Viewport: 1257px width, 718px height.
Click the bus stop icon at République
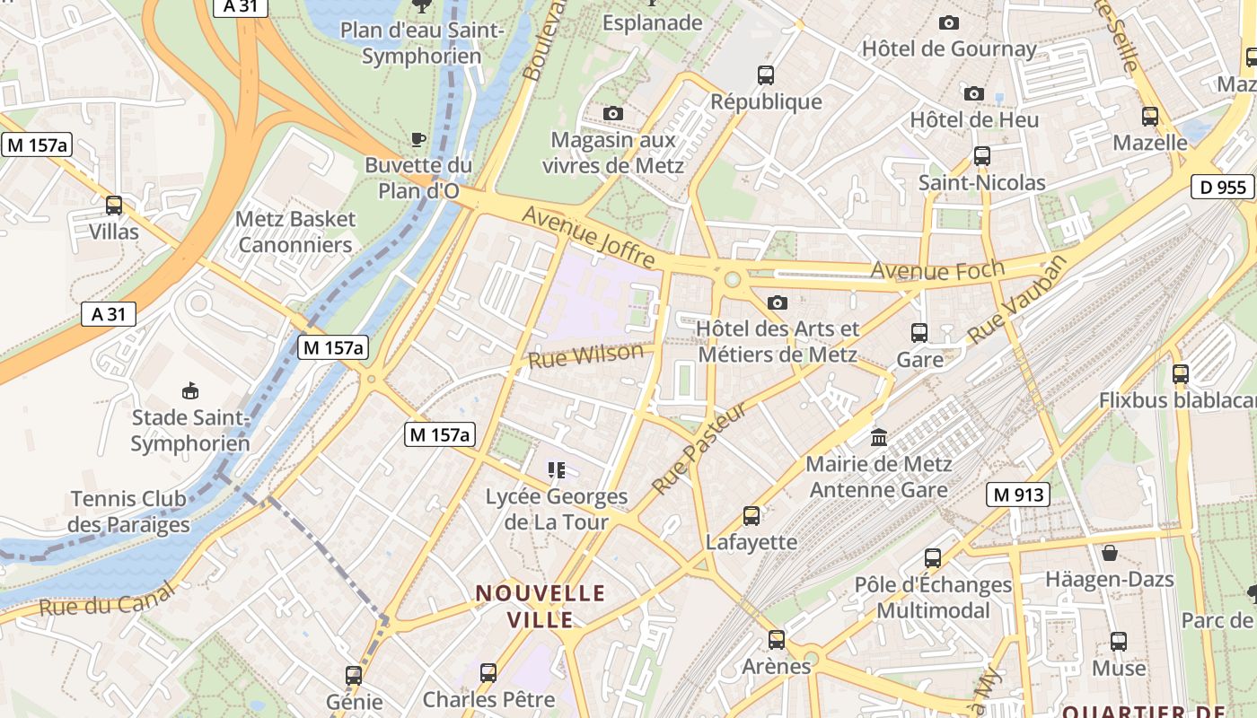coord(766,75)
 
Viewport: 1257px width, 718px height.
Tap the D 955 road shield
coord(1222,187)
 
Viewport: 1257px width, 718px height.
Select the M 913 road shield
coord(1018,494)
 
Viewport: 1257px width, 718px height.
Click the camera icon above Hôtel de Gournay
coord(949,22)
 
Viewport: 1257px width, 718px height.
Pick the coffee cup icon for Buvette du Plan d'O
coord(418,139)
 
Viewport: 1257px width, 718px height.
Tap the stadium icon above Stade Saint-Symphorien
coord(190,390)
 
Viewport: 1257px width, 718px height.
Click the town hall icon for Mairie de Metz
coord(879,438)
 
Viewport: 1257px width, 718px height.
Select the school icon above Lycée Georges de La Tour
coord(557,469)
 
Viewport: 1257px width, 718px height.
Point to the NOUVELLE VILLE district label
coord(541,606)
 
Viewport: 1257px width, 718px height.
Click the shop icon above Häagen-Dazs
coord(1110,553)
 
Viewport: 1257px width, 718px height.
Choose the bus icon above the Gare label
coord(919,333)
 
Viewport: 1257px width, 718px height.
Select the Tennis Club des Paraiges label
coord(129,512)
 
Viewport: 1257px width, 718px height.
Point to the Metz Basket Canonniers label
coord(295,232)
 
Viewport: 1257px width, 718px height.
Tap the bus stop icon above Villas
coord(114,206)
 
